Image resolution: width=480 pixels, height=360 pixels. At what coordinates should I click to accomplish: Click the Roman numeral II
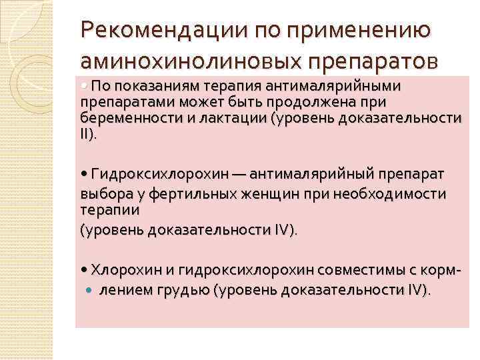pyautogui.click(x=85, y=134)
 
